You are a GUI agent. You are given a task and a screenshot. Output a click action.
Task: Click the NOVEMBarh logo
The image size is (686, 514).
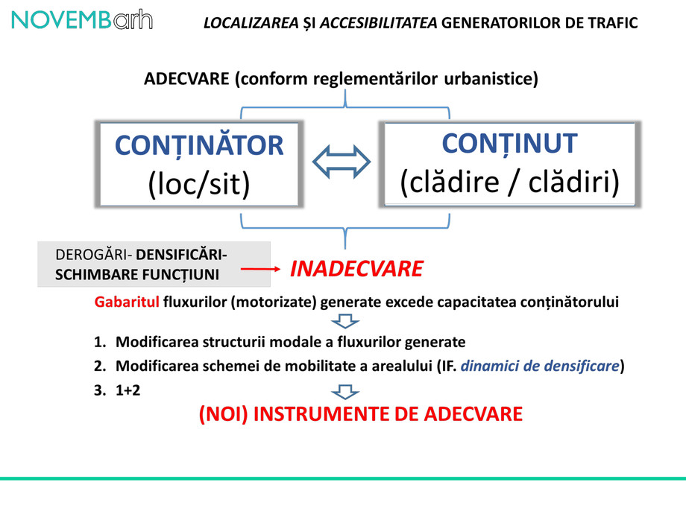(82, 20)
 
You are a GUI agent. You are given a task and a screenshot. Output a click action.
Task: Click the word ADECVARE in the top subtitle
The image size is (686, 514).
(186, 80)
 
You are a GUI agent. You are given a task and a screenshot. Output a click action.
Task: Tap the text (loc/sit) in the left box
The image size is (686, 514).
(199, 183)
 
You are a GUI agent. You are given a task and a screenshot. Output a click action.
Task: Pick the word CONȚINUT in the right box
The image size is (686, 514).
(509, 143)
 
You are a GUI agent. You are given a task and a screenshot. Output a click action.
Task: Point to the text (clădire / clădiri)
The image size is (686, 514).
(509, 183)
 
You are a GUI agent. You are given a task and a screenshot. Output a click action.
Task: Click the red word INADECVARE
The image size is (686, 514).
(356, 269)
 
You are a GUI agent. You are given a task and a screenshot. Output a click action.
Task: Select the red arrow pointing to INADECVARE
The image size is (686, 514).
(258, 269)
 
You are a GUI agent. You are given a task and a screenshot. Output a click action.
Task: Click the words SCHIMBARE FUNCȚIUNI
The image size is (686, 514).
(137, 275)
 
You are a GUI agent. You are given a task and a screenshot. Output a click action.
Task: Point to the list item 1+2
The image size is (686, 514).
(128, 389)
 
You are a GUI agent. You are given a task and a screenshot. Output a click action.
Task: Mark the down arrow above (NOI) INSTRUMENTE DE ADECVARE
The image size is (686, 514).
(344, 391)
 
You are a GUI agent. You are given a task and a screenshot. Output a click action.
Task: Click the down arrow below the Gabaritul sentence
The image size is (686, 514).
(344, 321)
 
